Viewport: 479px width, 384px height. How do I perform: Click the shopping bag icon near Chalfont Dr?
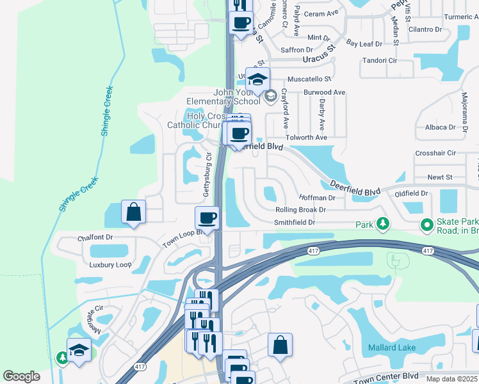click(133, 212)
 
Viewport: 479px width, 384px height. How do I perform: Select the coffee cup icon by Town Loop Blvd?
click(207, 218)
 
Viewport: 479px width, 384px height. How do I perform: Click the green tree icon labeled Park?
click(383, 224)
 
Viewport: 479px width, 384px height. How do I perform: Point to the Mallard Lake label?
click(392, 348)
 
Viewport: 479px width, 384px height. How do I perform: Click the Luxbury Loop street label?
click(110, 264)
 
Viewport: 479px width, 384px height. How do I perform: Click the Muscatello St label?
click(309, 79)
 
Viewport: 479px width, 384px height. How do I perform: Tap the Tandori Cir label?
click(380, 60)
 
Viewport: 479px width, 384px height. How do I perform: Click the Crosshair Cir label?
click(435, 153)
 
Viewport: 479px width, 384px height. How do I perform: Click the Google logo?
click(21, 376)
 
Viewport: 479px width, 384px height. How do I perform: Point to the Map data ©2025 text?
click(451, 379)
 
